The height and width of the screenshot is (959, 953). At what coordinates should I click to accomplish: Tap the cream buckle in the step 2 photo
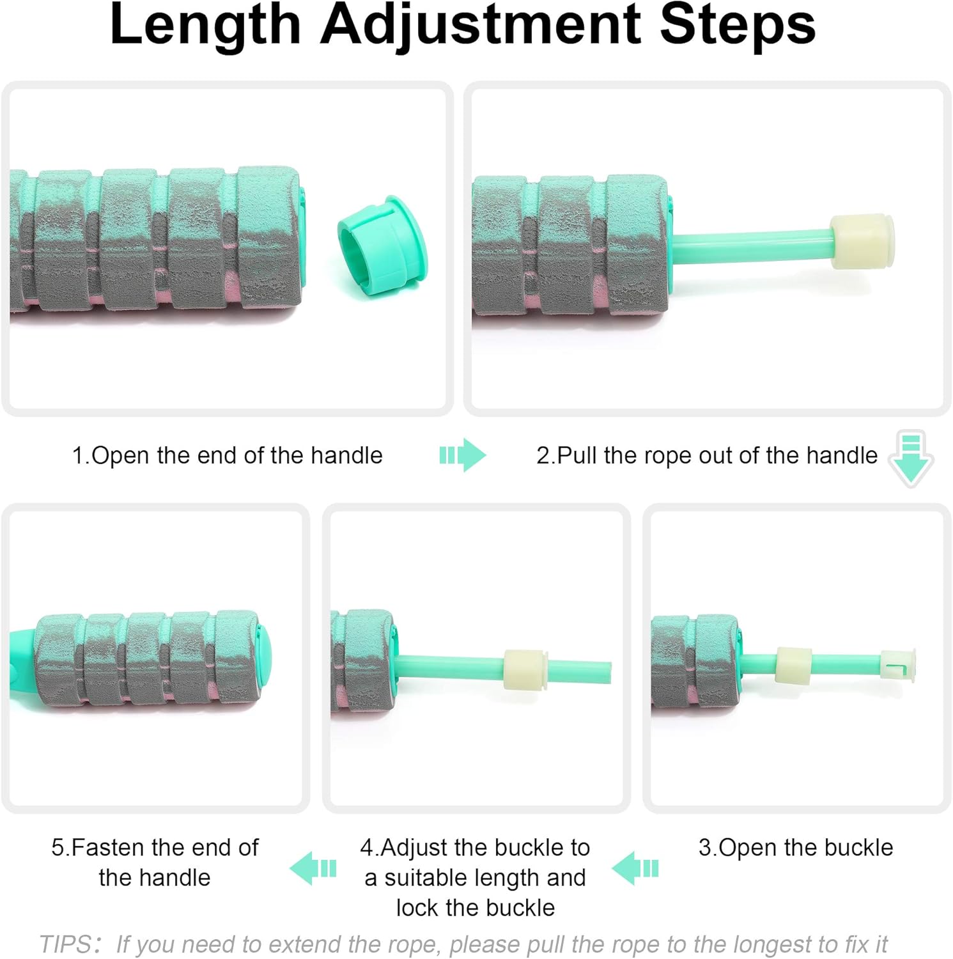pos(862,241)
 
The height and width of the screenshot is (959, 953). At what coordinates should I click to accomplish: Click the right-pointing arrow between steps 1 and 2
pos(463,455)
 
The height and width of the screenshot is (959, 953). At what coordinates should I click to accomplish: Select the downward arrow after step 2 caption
pos(911,458)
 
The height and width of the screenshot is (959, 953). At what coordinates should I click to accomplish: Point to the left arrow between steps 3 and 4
pos(635,868)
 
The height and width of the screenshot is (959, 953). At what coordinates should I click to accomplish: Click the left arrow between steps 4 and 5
pos(313,868)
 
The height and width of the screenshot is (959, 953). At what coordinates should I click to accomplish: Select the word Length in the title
pos(205,24)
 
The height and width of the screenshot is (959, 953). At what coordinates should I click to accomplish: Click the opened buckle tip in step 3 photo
pos(898,666)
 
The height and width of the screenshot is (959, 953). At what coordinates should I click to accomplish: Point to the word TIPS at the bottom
pos(65,944)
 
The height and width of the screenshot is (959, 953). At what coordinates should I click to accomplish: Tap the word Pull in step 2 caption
pos(577,455)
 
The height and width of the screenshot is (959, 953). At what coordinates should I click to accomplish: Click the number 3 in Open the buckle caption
pos(705,847)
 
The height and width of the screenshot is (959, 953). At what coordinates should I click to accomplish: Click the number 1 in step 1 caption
pos(78,455)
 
